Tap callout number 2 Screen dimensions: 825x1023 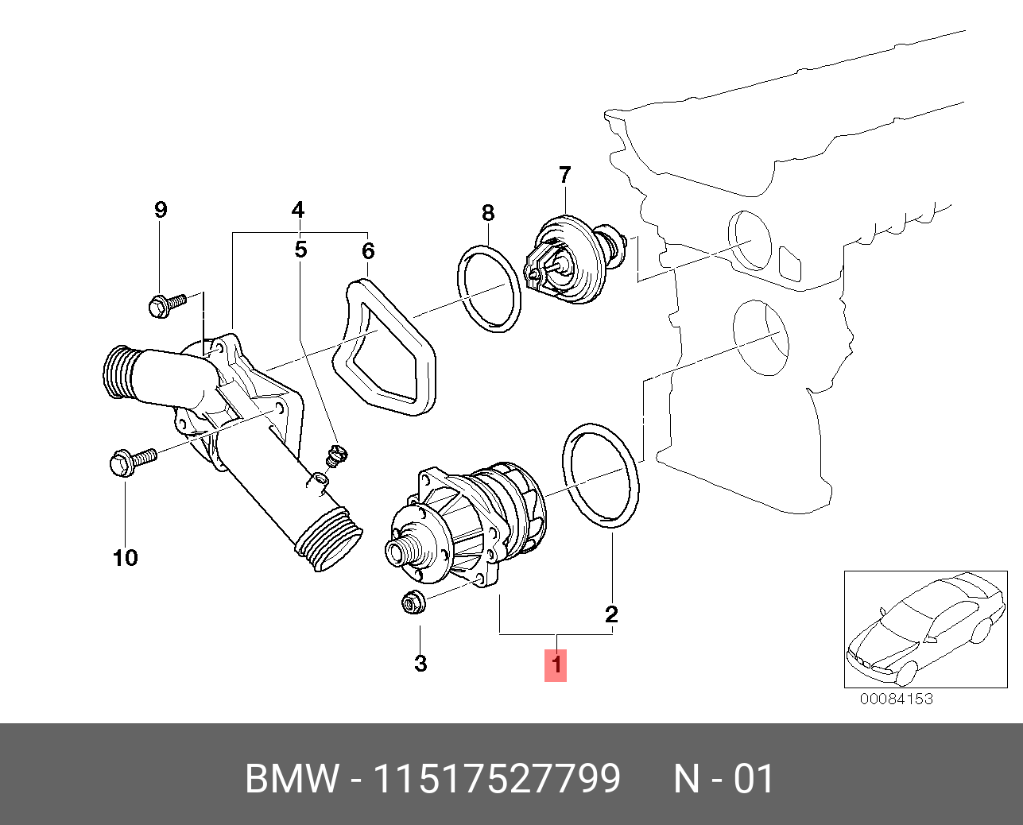[x=611, y=614]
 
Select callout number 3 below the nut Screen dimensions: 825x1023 [x=420, y=663]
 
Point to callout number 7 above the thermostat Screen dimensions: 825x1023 [x=564, y=175]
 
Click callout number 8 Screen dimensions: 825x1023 [x=488, y=212]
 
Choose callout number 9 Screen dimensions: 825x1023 [x=161, y=210]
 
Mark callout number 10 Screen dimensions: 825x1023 [x=126, y=558]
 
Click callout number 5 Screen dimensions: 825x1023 [x=300, y=250]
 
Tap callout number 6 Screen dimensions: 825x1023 [x=368, y=251]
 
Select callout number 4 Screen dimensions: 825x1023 [x=297, y=210]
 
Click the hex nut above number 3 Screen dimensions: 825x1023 [x=412, y=603]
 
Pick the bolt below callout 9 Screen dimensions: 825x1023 [x=166, y=304]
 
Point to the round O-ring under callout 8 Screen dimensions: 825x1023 [x=489, y=289]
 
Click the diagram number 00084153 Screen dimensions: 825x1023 [x=896, y=699]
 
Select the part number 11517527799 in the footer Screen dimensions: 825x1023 [x=497, y=779]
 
